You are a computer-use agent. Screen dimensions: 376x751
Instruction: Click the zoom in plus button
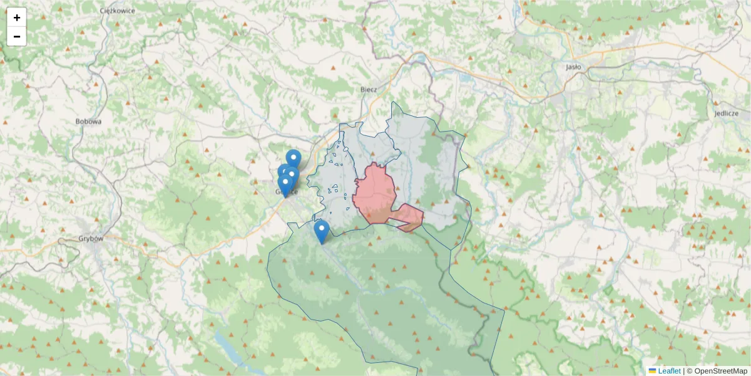point(17,18)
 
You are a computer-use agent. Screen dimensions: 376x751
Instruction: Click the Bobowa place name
point(88,122)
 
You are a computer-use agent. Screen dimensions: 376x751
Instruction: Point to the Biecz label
point(369,90)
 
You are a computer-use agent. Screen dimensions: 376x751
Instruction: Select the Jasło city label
point(573,66)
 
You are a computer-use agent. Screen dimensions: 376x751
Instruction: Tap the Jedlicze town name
point(726,113)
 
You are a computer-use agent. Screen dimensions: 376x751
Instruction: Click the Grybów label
point(91,238)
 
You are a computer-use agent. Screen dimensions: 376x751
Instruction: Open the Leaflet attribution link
point(669,371)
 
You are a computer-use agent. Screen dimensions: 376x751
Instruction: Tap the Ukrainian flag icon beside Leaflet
point(653,371)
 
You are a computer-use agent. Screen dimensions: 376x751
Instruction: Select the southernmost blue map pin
point(322,231)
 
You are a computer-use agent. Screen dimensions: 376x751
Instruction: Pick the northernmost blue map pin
point(294,159)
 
